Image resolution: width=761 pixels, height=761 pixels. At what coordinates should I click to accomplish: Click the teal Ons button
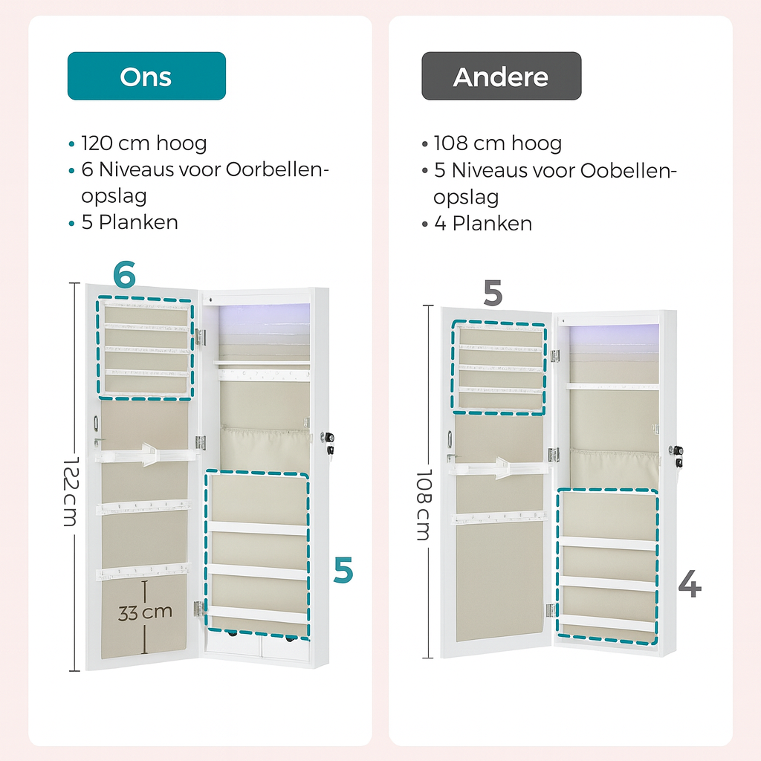(146, 76)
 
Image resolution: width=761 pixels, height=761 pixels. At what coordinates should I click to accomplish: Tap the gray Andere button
(501, 76)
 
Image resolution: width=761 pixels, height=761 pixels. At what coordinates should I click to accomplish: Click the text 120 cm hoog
(143, 143)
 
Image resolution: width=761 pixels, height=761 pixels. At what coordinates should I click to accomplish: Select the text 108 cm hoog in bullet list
(497, 143)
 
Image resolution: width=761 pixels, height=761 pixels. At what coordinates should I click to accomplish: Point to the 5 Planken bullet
(129, 222)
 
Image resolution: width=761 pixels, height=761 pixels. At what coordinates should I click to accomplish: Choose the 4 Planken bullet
(482, 223)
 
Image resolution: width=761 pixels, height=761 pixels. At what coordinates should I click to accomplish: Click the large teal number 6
(124, 276)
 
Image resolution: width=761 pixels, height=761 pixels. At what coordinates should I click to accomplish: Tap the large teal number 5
(343, 571)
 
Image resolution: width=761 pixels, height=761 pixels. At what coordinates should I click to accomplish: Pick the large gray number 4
(690, 586)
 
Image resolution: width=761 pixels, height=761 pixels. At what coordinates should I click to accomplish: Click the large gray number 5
(493, 294)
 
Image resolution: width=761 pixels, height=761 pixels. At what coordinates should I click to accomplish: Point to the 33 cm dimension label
(145, 612)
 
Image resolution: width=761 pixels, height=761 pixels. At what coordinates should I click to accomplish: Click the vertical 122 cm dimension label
(69, 490)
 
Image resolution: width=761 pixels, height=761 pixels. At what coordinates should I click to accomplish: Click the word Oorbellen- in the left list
(276, 170)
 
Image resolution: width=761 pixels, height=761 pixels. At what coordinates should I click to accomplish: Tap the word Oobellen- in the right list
(628, 170)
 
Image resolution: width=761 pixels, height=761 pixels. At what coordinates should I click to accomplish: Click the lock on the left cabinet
(328, 444)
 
